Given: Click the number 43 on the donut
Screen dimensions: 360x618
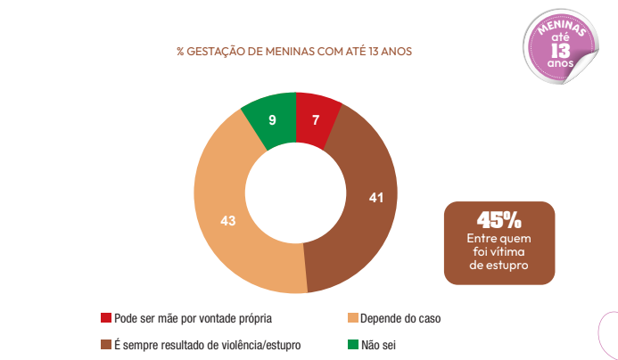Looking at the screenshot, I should tap(227, 220).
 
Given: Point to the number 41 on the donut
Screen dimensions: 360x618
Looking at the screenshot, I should tap(375, 196).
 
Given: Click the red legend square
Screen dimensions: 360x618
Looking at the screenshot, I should tap(106, 318).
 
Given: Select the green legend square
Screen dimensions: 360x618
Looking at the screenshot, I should tap(352, 344).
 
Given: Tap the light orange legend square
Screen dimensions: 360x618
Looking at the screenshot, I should tap(352, 318).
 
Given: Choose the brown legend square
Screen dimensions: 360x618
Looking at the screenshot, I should tap(106, 344).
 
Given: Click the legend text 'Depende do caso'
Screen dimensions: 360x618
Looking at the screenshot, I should tap(400, 318).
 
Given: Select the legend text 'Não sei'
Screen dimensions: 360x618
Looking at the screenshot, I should tap(379, 344).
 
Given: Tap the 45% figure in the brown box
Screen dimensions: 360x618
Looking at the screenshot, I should tap(499, 220).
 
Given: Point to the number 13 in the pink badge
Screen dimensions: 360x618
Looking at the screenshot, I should tap(560, 49).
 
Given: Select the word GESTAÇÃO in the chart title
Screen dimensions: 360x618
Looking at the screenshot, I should tap(217, 52).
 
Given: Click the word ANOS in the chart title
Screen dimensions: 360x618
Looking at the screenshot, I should tap(394, 52).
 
